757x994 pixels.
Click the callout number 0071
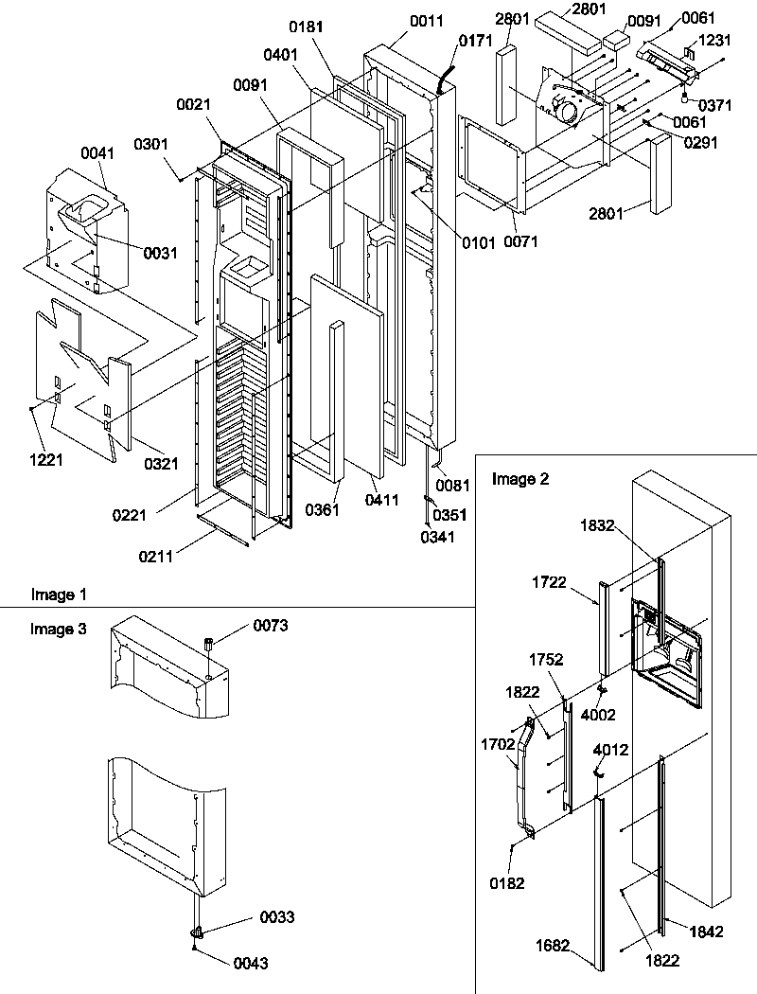520,241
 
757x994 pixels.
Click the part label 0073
270,626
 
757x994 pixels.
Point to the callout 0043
251,964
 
